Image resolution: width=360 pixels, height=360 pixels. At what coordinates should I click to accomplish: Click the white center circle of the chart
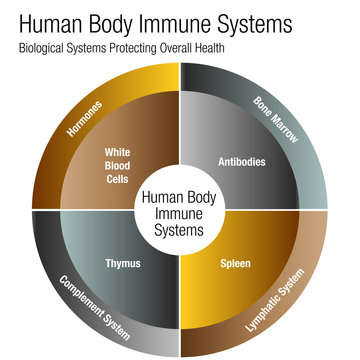point(180,209)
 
